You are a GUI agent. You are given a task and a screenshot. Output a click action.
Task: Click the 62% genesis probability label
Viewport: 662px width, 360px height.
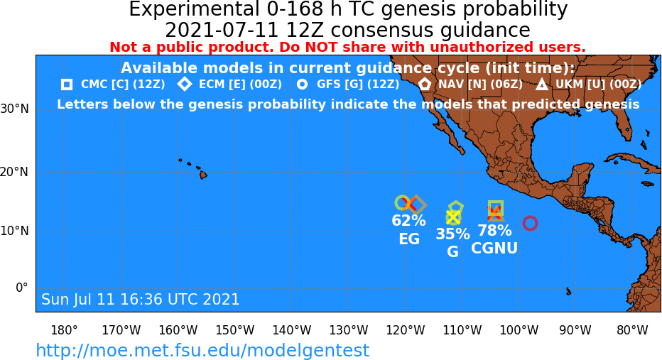click(408, 220)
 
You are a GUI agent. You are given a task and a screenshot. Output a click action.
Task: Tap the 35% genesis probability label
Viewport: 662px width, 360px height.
click(452, 234)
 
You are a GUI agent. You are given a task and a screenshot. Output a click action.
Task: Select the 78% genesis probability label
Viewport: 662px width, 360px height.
click(494, 231)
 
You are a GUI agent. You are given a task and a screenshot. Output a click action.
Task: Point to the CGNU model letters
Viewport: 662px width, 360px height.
click(494, 248)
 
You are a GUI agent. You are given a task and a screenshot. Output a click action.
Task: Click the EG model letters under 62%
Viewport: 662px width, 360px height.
click(409, 239)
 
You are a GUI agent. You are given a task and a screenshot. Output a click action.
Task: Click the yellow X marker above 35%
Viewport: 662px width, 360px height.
click(453, 217)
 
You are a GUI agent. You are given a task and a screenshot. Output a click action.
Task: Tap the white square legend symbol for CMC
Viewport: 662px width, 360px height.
click(67, 84)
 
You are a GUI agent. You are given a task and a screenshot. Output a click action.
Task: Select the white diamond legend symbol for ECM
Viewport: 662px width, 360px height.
click(185, 84)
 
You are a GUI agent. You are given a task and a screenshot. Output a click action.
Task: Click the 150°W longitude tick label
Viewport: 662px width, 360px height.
click(234, 330)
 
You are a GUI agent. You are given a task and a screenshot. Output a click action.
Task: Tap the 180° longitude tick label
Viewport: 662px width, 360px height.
click(64, 330)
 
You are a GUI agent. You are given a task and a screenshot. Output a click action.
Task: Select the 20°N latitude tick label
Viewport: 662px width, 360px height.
click(14, 173)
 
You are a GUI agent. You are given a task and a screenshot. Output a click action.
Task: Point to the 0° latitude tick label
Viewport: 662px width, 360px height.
click(22, 288)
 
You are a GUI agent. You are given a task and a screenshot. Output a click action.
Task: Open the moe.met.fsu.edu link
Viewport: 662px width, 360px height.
click(202, 350)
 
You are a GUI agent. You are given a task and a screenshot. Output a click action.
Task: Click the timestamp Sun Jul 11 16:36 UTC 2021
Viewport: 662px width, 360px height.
click(140, 299)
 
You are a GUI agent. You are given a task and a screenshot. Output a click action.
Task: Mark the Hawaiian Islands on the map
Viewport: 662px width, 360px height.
click(194, 168)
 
